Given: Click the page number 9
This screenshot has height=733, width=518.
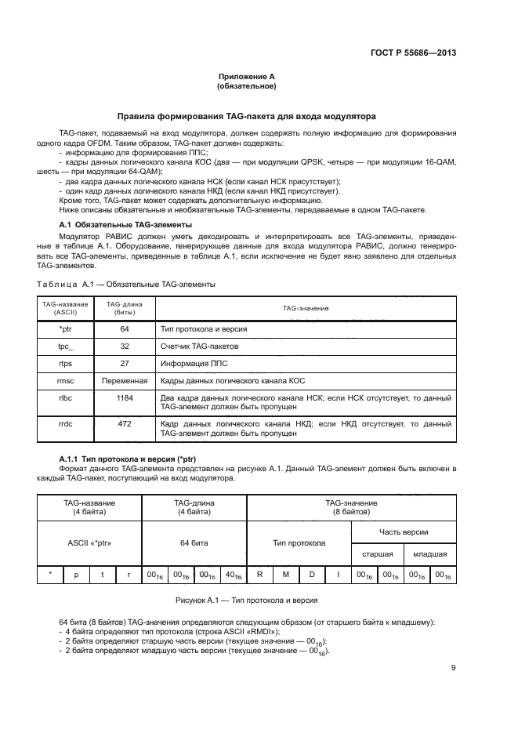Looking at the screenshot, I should (x=454, y=668).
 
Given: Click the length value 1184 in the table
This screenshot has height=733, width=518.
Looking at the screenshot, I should (x=125, y=398).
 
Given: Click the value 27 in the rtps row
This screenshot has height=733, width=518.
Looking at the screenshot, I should (x=125, y=363).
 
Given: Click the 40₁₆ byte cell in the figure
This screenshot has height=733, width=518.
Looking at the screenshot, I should (x=233, y=575).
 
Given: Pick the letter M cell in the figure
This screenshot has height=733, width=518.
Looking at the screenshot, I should (x=285, y=575).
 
